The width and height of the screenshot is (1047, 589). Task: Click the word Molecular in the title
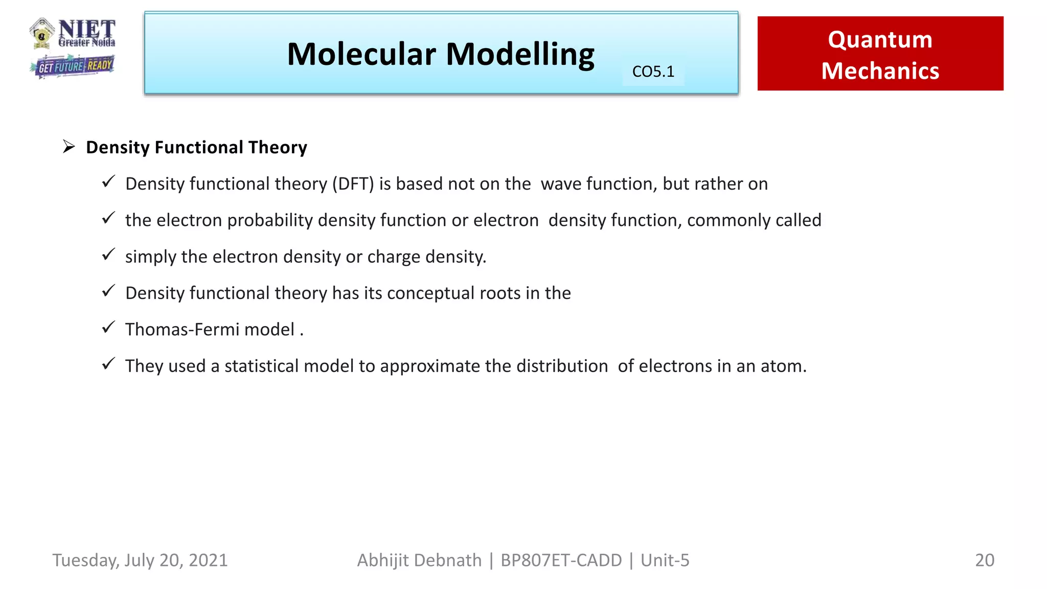(361, 54)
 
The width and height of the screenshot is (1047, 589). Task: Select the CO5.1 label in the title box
(653, 72)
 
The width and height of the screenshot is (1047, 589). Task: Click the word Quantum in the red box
(880, 39)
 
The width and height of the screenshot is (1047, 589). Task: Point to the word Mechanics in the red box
(880, 71)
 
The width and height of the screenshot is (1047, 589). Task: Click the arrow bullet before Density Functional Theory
(69, 147)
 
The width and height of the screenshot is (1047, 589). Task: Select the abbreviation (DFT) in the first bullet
(353, 184)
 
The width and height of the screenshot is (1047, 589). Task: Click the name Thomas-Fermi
(182, 329)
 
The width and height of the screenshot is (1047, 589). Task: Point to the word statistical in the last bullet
(261, 366)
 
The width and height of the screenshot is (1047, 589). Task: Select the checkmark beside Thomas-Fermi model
(108, 327)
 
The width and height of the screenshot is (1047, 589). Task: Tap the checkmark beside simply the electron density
(108, 254)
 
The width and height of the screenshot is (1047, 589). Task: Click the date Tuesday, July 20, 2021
(140, 560)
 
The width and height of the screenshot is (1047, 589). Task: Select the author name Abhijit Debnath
(419, 560)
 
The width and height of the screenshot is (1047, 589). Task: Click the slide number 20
(984, 560)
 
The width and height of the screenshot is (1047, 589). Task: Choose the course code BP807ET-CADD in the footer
(561, 560)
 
